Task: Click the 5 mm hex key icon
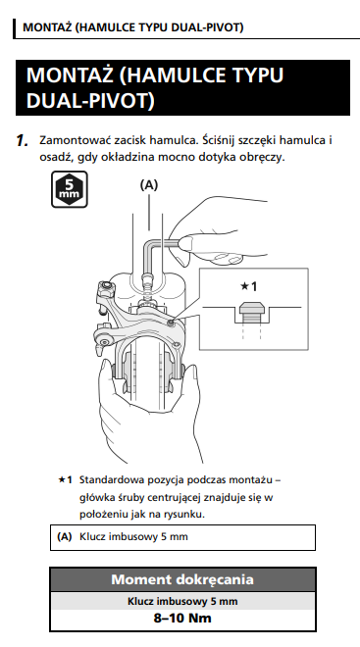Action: click(x=69, y=189)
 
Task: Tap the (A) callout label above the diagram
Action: click(x=149, y=185)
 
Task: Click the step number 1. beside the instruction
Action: click(x=22, y=141)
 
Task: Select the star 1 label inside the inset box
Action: click(x=248, y=286)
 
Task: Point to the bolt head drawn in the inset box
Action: click(x=252, y=309)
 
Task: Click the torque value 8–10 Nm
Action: click(x=182, y=619)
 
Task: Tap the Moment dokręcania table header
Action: click(x=182, y=579)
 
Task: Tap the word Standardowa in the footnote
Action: click(x=107, y=480)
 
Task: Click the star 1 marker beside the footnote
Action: click(x=65, y=480)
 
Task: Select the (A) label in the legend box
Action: click(x=65, y=537)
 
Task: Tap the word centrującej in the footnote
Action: click(x=174, y=498)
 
